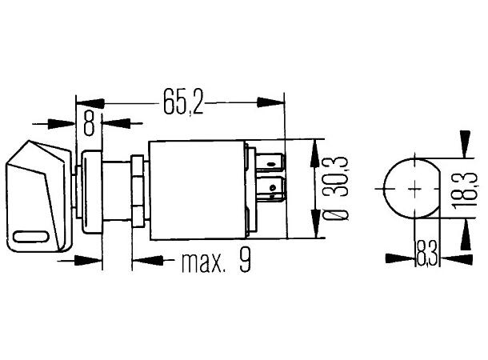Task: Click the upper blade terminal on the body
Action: coord(271,165)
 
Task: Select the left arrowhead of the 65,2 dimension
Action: coord(88,102)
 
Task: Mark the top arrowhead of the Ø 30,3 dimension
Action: coord(318,148)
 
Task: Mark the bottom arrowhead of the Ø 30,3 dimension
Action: coord(318,230)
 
